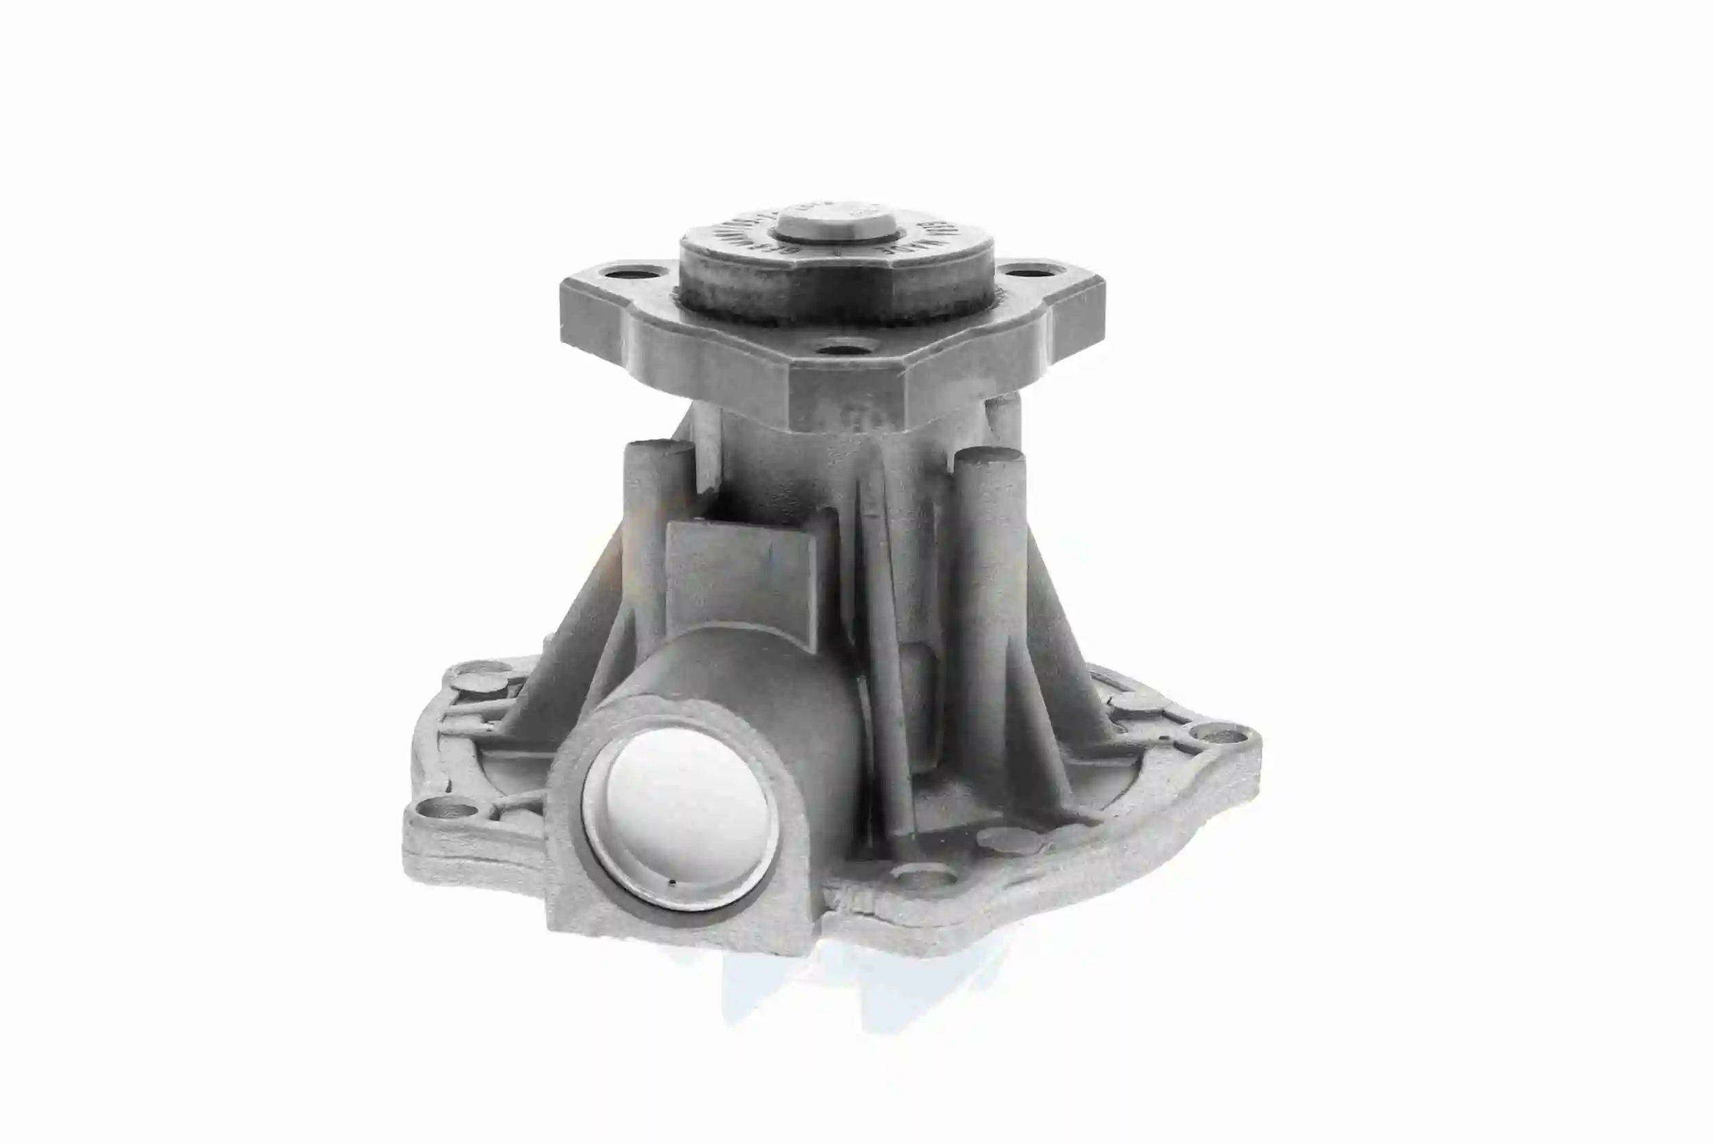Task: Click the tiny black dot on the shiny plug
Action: click(672, 884)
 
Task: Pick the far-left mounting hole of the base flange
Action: click(442, 808)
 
